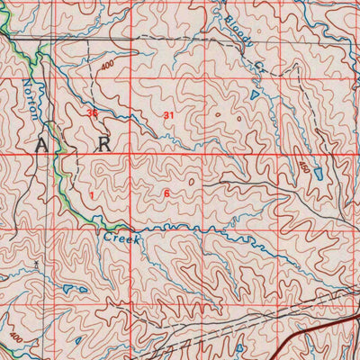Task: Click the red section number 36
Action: [x=92, y=113]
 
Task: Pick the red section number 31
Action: [x=168, y=115]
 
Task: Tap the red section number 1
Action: [x=91, y=193]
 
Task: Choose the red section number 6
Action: [x=167, y=193]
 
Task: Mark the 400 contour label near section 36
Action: [x=108, y=67]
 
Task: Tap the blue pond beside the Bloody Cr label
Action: [x=255, y=92]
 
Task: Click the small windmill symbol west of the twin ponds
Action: [x=36, y=264]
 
